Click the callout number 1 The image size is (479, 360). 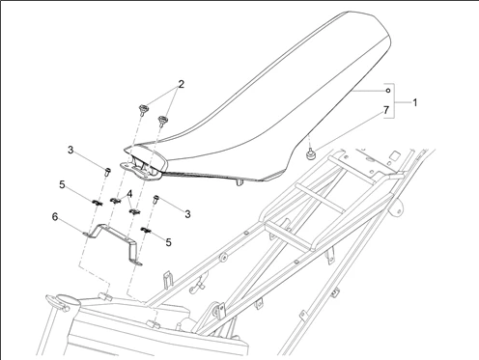click(x=415, y=103)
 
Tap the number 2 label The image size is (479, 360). click(x=182, y=84)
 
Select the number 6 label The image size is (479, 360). click(x=55, y=217)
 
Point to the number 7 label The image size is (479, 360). click(x=386, y=110)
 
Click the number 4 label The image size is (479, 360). click(x=129, y=194)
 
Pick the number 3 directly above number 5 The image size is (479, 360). click(x=70, y=150)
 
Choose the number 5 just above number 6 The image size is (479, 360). click(x=62, y=184)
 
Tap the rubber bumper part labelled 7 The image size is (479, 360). click(x=311, y=153)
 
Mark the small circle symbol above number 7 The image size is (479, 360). click(x=388, y=91)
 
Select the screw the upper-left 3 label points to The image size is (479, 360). click(x=107, y=172)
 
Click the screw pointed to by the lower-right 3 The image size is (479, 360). click(x=156, y=200)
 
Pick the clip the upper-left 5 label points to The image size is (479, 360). click(x=97, y=203)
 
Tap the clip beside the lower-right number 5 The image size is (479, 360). click(x=147, y=230)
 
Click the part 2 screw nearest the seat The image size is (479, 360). click(x=163, y=122)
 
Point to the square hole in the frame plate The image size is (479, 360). click(x=394, y=157)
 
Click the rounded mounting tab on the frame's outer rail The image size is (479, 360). click(x=398, y=208)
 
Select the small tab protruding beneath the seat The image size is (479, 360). click(x=239, y=182)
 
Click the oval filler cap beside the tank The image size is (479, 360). click(x=63, y=300)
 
